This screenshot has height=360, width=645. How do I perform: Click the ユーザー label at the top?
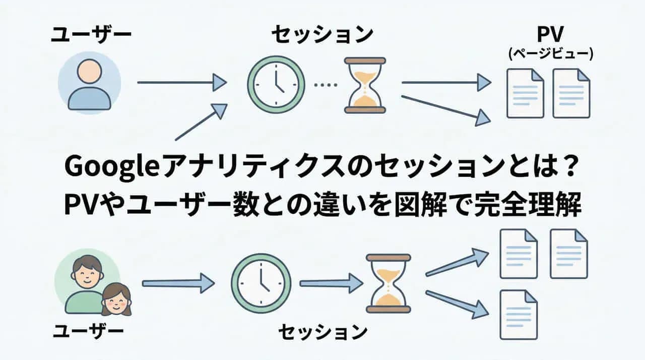pos(91,35)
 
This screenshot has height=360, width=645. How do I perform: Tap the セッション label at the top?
pos(322,35)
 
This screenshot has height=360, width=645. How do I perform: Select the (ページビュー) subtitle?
pos(551,53)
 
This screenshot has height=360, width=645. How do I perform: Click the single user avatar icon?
pos(90,83)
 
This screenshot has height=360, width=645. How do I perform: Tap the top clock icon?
pos(276,85)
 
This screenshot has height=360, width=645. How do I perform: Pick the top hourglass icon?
pos(365,85)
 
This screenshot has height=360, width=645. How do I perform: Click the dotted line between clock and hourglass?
pos(326,85)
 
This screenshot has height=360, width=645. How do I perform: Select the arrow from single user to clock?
pos(182,83)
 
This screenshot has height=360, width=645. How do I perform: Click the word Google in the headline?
pos(112,167)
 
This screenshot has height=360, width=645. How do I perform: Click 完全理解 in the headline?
pos(528,205)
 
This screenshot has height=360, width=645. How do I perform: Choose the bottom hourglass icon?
pos(388,283)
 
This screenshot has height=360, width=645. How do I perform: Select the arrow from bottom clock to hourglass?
pos(331,283)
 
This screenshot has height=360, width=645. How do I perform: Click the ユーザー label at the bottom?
pos(88,331)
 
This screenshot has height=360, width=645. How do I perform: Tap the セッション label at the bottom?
pos(323,332)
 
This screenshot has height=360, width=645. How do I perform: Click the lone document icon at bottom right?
pos(519,315)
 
